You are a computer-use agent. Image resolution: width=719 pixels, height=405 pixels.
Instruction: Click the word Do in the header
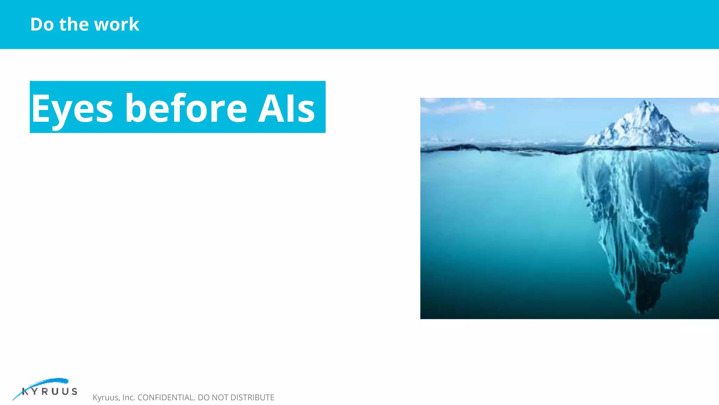coord(42,24)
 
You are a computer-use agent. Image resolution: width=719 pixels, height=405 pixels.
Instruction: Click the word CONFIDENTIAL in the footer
coord(166,398)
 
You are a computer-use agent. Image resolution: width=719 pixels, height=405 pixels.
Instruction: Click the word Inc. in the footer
coord(128,398)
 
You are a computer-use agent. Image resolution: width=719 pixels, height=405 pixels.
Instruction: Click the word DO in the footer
coord(204,398)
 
